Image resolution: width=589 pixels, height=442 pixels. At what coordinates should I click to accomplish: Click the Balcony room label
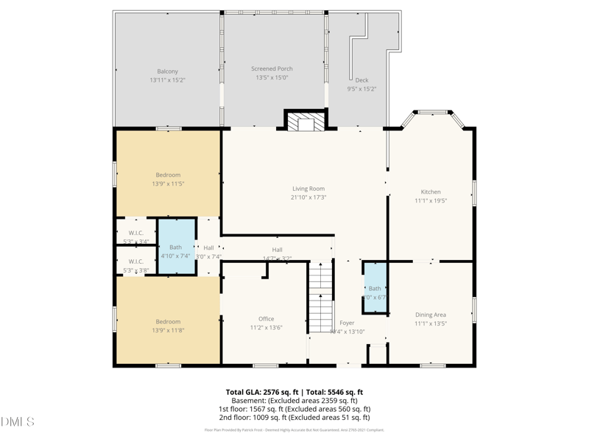(167, 71)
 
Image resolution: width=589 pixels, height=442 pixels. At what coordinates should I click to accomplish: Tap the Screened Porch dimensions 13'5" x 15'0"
(272, 77)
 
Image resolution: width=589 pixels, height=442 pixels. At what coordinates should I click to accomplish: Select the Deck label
(361, 80)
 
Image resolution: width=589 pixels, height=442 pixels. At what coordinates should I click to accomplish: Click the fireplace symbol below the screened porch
(305, 122)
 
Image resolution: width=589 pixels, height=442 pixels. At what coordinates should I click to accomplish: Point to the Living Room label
(308, 189)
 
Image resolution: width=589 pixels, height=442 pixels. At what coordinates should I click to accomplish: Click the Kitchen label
(430, 192)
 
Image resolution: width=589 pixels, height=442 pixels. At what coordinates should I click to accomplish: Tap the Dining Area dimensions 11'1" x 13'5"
(431, 323)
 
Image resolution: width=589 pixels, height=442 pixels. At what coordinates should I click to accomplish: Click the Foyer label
(347, 323)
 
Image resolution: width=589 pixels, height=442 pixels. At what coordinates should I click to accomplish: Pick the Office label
(266, 319)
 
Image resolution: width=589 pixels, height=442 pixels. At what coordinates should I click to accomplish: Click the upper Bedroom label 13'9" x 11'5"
(168, 175)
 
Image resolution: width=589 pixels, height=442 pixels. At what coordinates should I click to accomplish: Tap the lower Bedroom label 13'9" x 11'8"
(168, 322)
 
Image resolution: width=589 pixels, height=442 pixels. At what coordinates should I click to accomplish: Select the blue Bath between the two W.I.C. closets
(176, 247)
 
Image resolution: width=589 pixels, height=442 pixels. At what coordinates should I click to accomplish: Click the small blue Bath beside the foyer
(375, 288)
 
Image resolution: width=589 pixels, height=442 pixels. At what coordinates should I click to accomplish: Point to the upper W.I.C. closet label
(135, 233)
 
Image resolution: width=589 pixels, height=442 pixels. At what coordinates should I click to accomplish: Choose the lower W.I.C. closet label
(135, 262)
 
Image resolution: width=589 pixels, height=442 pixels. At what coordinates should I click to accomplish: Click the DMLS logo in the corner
(18, 421)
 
